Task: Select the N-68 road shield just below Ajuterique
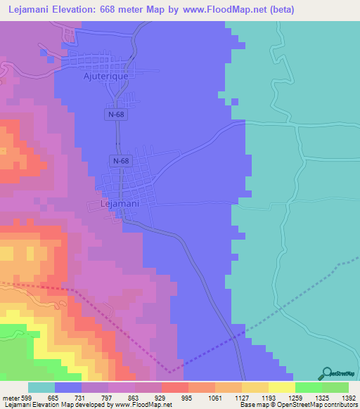coord(117,114)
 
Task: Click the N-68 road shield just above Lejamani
coord(120,162)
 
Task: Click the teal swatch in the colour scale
coord(41,387)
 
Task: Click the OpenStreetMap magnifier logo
coord(325,372)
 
